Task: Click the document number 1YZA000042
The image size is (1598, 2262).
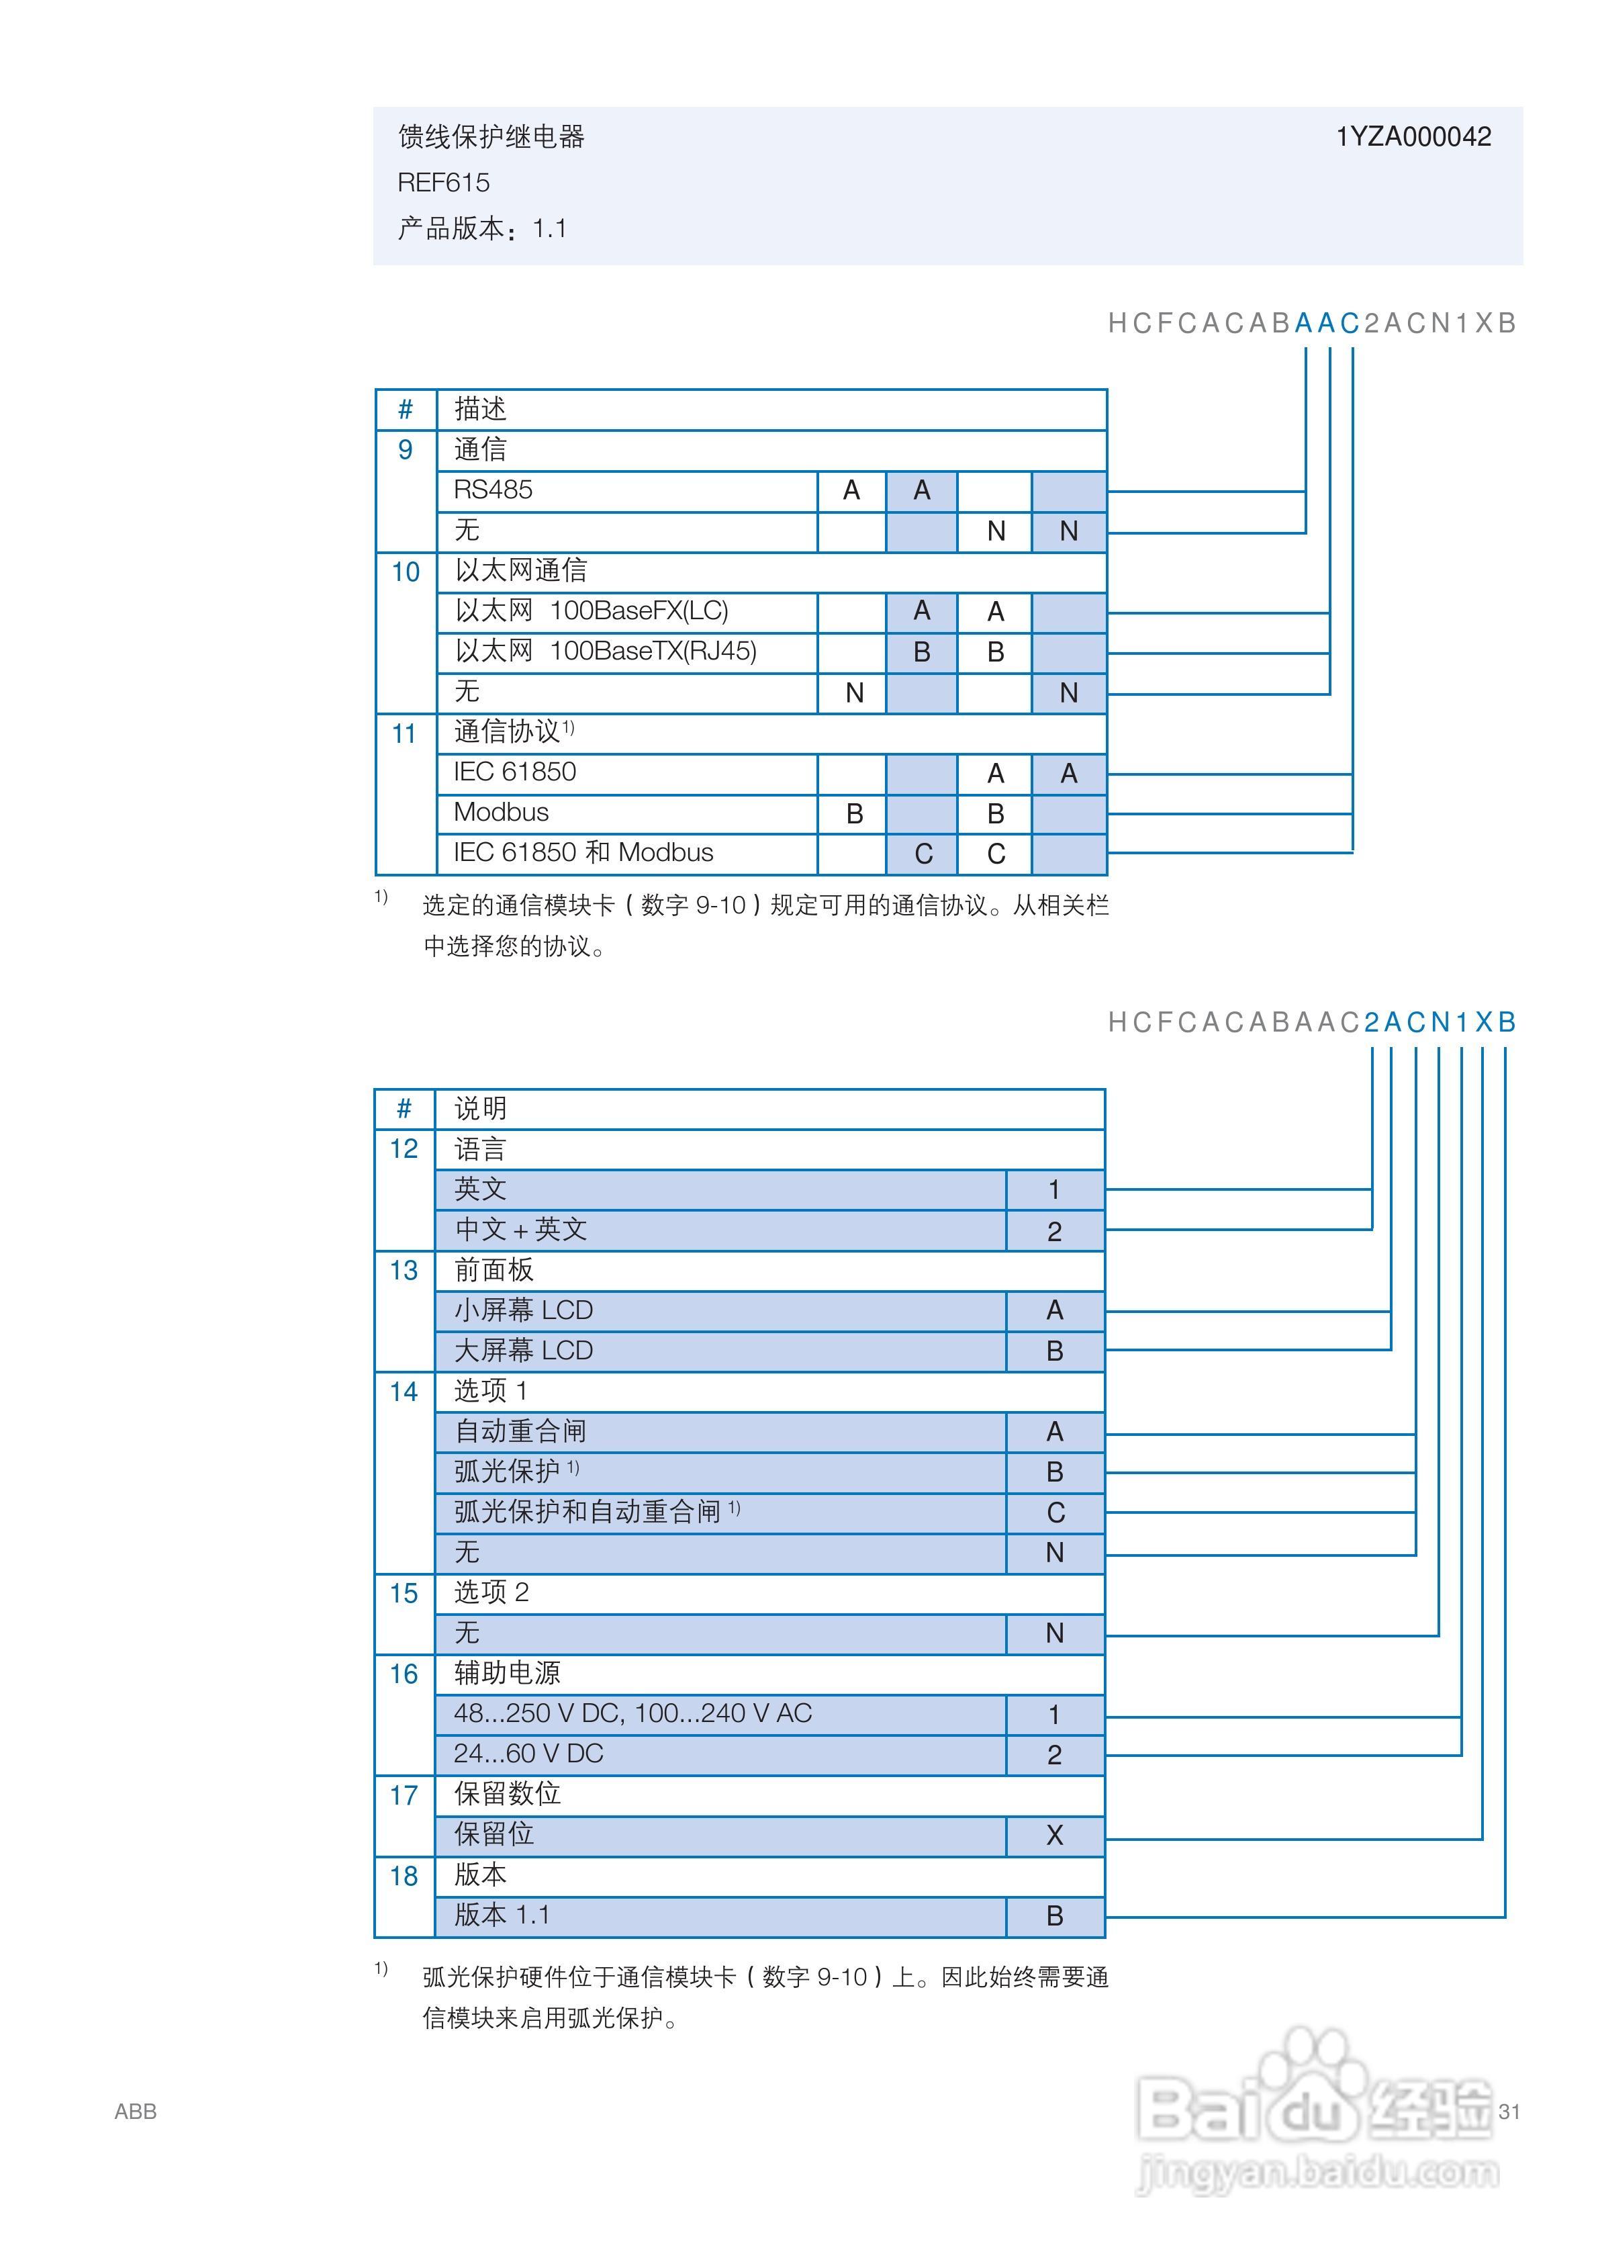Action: (x=1413, y=137)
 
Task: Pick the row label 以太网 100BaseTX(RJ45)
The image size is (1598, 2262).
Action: (x=605, y=651)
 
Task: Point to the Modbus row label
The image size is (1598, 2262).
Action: (x=500, y=812)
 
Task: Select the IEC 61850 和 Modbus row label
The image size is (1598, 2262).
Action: (x=583, y=852)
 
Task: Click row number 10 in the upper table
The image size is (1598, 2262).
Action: (x=405, y=572)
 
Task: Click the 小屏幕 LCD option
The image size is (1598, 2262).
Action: (x=523, y=1310)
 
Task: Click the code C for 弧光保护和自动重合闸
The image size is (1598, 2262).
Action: (x=1054, y=1512)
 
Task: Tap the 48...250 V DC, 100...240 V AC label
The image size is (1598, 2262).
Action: (x=632, y=1713)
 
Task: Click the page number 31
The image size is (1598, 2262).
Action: (x=1508, y=2112)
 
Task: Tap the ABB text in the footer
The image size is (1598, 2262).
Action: (x=135, y=2112)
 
